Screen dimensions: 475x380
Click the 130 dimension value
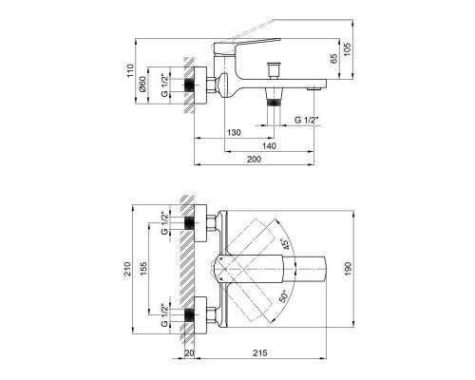click(x=234, y=132)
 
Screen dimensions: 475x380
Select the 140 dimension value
click(x=269, y=146)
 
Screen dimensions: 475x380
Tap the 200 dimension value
click(x=255, y=160)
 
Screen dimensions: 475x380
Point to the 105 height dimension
click(x=348, y=49)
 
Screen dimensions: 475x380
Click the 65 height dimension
click(x=334, y=59)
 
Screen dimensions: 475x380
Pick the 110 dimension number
click(x=130, y=71)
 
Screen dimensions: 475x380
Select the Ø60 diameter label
click(x=142, y=85)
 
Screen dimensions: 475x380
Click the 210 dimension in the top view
click(x=127, y=269)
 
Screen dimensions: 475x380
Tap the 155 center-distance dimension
click(x=143, y=269)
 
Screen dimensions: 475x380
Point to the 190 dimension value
click(x=348, y=269)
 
